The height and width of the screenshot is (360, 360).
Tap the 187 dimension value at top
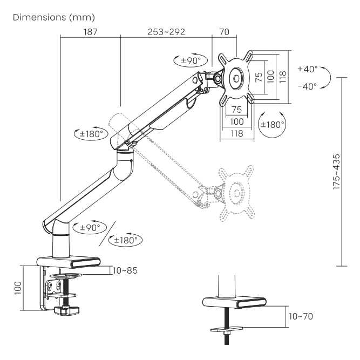coord(91,32)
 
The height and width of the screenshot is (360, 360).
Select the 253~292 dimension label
coord(166,32)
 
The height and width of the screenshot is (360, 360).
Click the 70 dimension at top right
coord(224,32)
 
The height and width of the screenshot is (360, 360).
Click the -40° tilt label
coord(307,86)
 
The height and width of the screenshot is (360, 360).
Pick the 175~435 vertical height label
coord(336,171)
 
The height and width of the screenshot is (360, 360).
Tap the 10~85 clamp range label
coord(125,270)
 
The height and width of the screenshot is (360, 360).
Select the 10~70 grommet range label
coord(300,316)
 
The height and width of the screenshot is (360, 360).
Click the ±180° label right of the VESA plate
coord(272,125)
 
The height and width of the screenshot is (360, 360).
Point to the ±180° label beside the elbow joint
coord(90,133)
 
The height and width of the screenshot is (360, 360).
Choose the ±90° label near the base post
coord(90,227)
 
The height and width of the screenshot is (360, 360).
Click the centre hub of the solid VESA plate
coord(236,78)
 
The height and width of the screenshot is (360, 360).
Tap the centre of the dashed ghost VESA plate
coord(235,192)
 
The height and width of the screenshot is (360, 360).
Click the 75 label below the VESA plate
coord(236,110)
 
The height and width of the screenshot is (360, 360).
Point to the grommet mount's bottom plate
coord(227,329)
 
